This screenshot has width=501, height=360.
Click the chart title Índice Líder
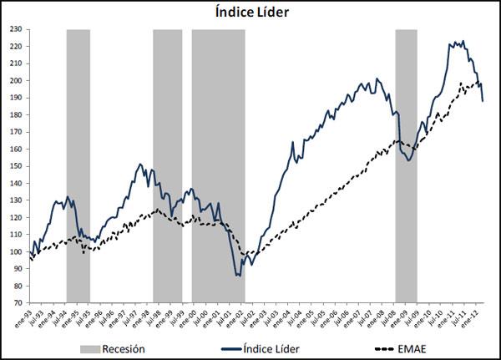point(250,13)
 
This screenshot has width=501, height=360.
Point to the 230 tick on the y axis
point(16,29)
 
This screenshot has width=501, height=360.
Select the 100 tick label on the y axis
point(16,252)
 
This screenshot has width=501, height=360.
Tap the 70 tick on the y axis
point(18,304)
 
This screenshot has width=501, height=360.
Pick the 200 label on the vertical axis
point(16,81)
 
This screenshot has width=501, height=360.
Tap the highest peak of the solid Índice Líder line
point(463,41)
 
